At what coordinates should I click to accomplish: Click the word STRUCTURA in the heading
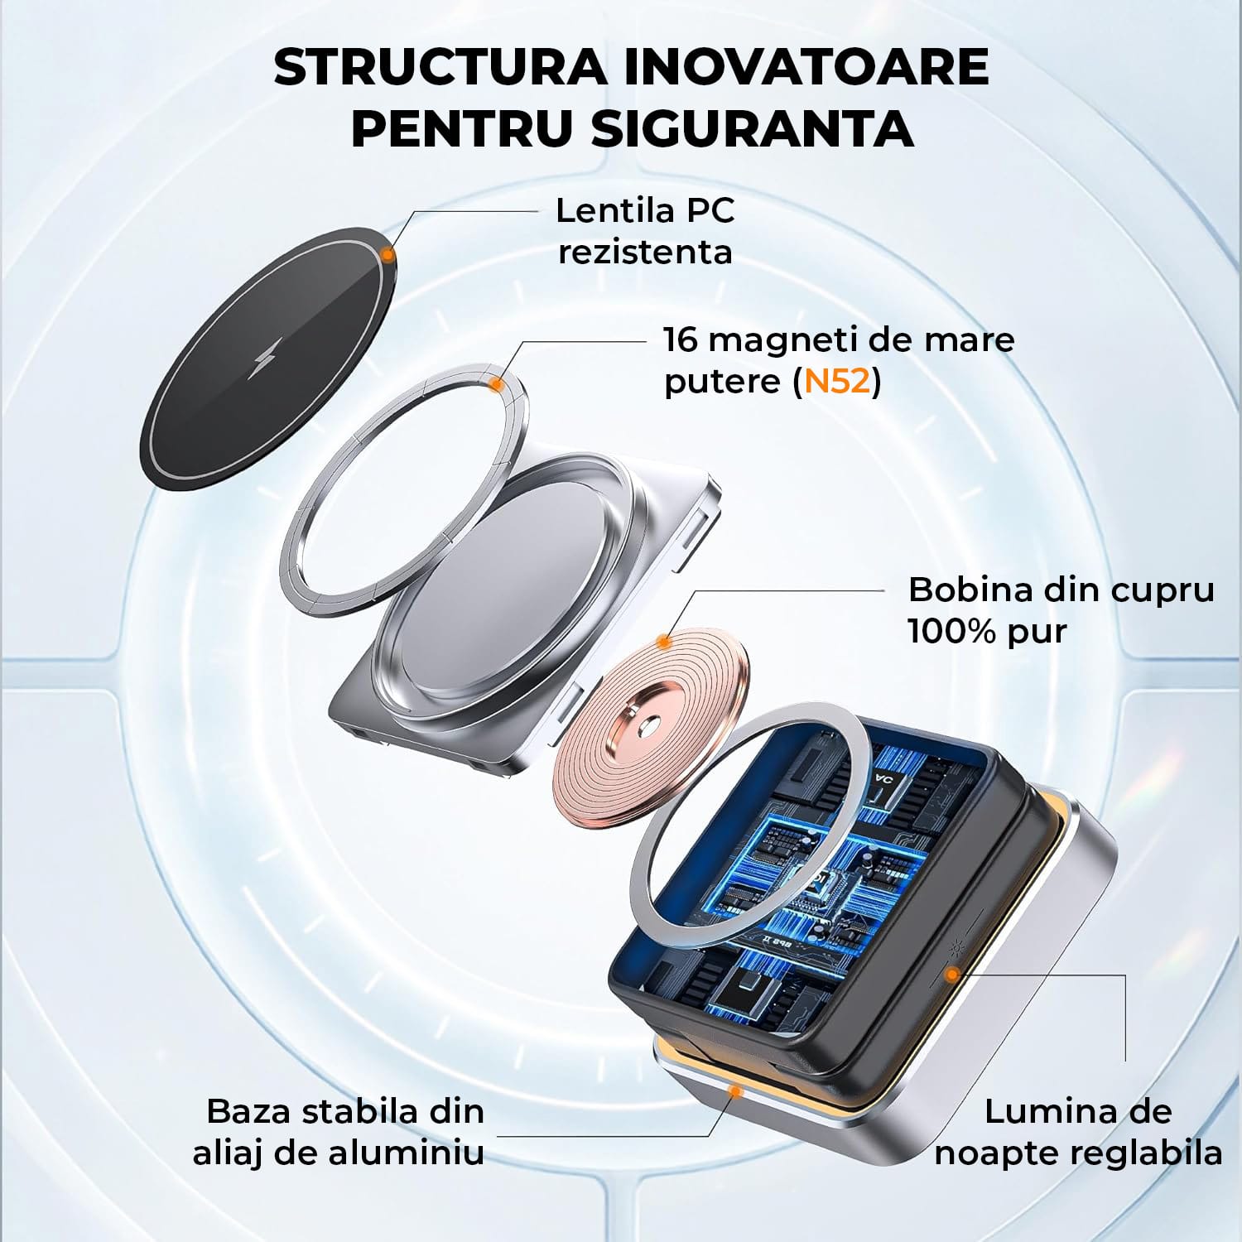click(x=440, y=67)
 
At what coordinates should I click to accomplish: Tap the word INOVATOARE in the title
click(x=806, y=67)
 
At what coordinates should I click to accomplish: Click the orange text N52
click(x=838, y=382)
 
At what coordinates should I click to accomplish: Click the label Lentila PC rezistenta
click(x=645, y=231)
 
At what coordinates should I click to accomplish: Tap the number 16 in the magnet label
click(x=680, y=339)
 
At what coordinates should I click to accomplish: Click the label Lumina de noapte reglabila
click(x=1078, y=1132)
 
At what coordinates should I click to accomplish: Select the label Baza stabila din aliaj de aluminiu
click(x=339, y=1132)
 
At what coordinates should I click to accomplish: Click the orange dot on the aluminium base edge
click(x=733, y=1091)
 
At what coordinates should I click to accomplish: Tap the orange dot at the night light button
click(x=953, y=975)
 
